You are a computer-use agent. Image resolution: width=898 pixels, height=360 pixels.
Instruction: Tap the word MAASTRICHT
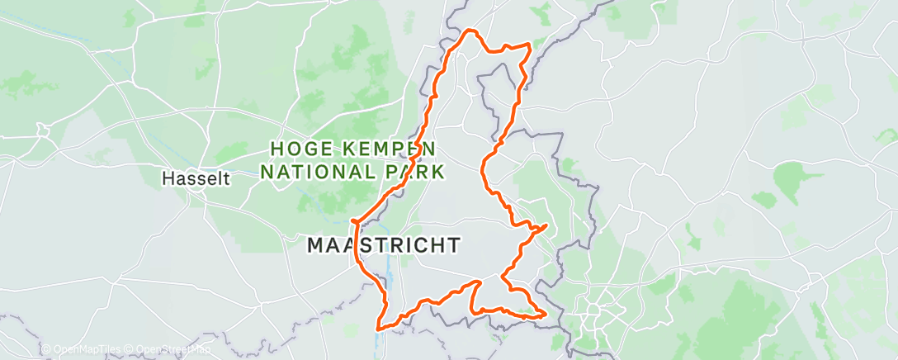pyautogui.click(x=384, y=245)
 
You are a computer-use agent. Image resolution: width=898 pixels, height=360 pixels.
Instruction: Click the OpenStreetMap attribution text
pyautogui.click(x=168, y=350)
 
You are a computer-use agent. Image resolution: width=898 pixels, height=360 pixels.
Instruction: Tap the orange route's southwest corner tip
pyautogui.click(x=379, y=329)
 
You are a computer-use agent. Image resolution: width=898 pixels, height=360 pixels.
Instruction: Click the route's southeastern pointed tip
pyautogui.click(x=546, y=313)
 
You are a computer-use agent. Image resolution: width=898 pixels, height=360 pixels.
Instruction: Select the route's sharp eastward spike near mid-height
pyautogui.click(x=546, y=225)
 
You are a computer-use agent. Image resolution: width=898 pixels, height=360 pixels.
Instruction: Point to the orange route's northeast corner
pyautogui.click(x=529, y=45)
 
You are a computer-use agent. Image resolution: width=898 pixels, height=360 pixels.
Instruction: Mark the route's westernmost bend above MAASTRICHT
pyautogui.click(x=353, y=222)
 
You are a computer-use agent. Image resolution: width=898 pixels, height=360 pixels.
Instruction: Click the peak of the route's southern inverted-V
pyautogui.click(x=478, y=282)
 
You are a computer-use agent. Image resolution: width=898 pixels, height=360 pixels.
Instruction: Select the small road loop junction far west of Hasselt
pyautogui.click(x=44, y=130)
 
